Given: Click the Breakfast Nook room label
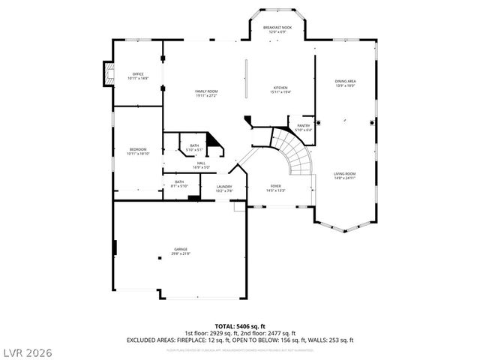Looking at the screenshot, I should point(277,29).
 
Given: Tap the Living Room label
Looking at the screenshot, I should point(344,175).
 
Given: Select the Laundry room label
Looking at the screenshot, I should point(224,188).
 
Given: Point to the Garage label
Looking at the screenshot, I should point(181,250).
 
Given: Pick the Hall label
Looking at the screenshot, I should point(201,164).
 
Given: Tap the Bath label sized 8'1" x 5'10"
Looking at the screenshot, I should point(179,183).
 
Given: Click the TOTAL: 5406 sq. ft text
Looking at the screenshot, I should point(239,326).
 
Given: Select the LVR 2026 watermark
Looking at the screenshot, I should point(27,350).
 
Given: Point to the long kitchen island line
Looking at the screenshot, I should point(245,77).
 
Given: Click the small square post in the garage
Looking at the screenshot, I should point(159,257).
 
